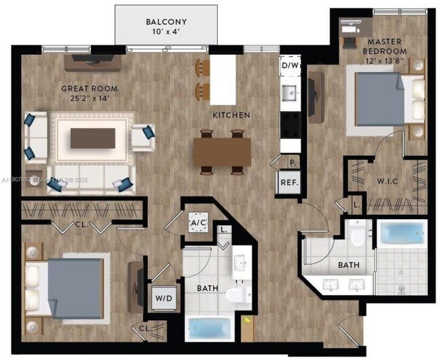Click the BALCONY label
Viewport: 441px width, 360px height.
click(x=166, y=22)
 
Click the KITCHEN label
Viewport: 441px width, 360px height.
click(x=231, y=115)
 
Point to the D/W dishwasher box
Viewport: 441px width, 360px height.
click(x=290, y=66)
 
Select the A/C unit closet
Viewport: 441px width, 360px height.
click(x=198, y=222)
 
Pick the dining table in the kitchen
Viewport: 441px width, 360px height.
click(x=222, y=149)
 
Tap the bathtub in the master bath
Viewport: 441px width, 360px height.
click(x=402, y=233)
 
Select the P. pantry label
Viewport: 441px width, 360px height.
click(x=292, y=163)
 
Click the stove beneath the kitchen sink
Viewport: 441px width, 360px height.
click(x=290, y=124)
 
